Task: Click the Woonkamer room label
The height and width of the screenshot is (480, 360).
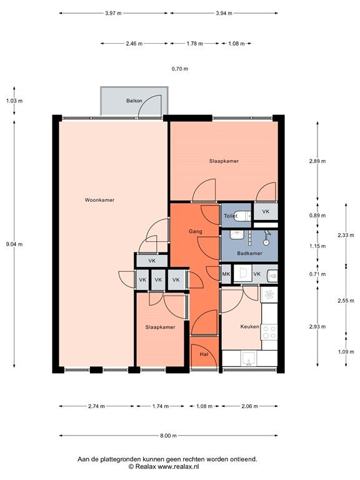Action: pos(99,200)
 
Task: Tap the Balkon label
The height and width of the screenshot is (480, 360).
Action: pos(134,101)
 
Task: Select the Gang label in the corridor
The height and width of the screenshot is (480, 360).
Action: pos(195,231)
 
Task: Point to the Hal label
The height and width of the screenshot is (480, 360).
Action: pos(204,354)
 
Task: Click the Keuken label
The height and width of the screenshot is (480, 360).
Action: pos(249,327)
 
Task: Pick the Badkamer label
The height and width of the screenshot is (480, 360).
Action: pos(249,254)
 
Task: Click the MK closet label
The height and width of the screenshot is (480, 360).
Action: pos(226,274)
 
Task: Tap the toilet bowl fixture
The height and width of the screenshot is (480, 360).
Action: pos(244,216)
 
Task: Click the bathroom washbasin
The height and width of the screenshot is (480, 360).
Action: pos(237,236)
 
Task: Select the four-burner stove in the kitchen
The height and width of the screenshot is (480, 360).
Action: pos(269,332)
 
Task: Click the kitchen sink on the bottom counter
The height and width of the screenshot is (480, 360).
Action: pos(249,359)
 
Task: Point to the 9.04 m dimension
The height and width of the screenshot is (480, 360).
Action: pos(14,244)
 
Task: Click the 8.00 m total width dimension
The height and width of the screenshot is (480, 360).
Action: pos(168,435)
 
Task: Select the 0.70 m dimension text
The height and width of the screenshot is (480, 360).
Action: pos(180,69)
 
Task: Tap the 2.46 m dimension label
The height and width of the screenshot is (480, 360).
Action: pos(134,44)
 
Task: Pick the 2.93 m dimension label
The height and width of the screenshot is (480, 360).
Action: pos(317,327)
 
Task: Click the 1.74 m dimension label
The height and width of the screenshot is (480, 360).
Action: pos(161,406)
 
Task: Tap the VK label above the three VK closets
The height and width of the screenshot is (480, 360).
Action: pos(152,261)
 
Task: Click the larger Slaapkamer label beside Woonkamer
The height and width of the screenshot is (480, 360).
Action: pos(224,161)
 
